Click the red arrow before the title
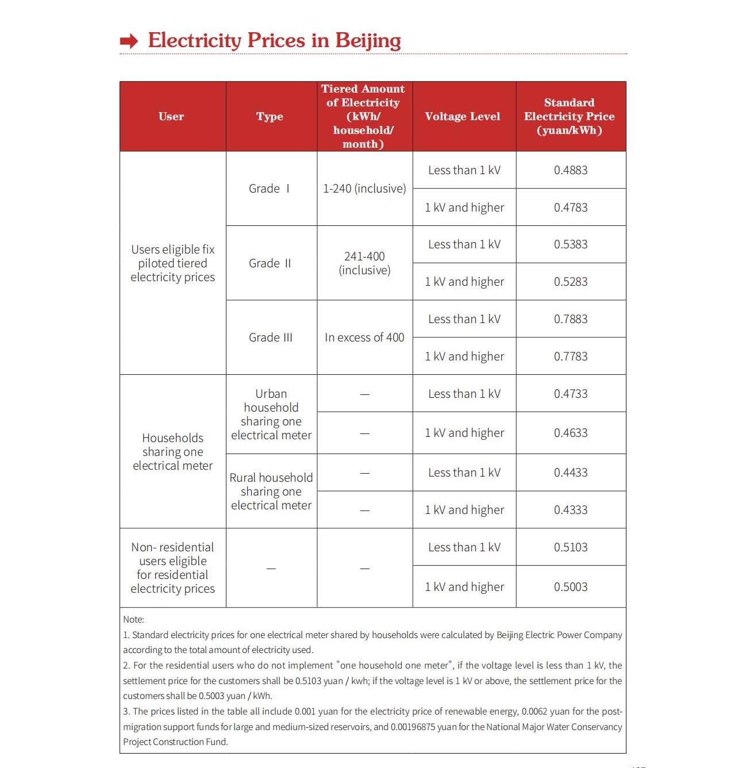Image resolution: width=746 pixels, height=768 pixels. click(129, 41)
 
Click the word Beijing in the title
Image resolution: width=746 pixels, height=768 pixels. click(368, 40)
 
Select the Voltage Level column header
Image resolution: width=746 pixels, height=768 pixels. click(463, 117)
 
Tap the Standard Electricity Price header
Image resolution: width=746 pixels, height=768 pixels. click(569, 117)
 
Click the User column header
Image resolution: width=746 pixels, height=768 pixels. click(171, 117)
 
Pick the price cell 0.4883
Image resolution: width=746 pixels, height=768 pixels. click(571, 170)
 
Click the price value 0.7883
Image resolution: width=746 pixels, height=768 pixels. click(571, 319)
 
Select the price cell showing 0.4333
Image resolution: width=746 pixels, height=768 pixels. click(571, 510)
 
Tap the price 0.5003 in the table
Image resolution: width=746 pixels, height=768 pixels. click(571, 587)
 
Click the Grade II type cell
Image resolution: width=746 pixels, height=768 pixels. click(270, 263)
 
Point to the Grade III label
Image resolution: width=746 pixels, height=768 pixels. click(271, 337)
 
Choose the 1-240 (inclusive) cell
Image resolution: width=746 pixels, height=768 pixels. click(364, 189)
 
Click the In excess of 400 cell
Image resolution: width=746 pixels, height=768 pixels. click(364, 337)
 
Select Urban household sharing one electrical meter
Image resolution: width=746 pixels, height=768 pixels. click(271, 414)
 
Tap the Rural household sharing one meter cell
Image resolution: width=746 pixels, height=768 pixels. click(271, 491)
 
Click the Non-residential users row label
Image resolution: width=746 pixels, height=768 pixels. click(172, 568)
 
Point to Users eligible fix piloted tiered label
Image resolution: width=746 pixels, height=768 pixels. click(172, 263)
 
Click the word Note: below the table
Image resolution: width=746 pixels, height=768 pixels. click(133, 620)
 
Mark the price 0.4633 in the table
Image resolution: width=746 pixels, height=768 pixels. click(571, 433)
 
